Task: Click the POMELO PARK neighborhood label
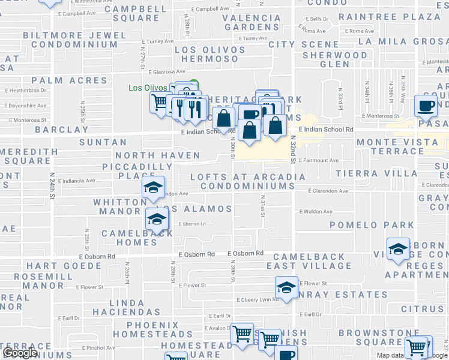coord(372,225)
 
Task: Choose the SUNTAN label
coord(103,142)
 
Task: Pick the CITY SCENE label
coord(304,44)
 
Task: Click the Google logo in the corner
coord(20,353)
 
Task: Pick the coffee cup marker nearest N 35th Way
coord(426,106)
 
